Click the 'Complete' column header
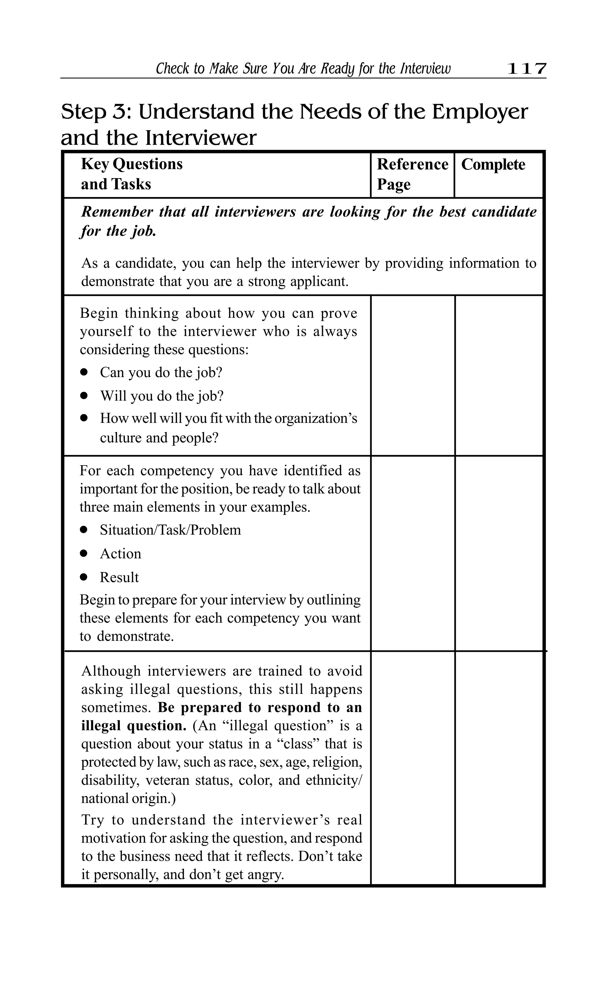(x=493, y=164)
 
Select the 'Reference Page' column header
(x=412, y=174)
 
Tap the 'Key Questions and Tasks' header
(x=132, y=174)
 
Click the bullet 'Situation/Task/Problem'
(x=170, y=530)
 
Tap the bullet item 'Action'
(x=120, y=553)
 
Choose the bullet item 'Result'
(x=119, y=577)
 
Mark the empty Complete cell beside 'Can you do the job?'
(x=499, y=375)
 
